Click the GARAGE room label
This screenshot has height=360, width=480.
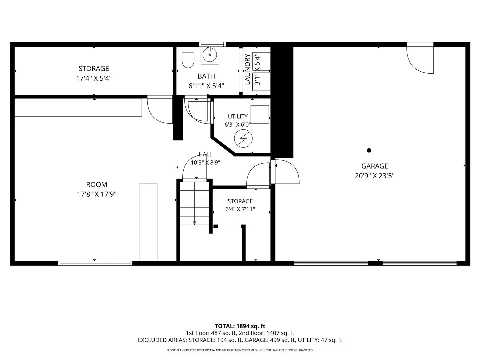375,166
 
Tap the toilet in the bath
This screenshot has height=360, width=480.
188,57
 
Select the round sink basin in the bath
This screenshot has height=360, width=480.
210,55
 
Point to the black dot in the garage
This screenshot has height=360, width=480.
369,150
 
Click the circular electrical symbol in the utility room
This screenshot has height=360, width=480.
243,138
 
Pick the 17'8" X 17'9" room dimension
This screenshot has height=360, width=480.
97,194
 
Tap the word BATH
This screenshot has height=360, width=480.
206,76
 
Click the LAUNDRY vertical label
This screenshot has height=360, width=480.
247,69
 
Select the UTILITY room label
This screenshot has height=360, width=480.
238,116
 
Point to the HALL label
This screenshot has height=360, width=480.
205,155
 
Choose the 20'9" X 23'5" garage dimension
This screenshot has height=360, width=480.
375,176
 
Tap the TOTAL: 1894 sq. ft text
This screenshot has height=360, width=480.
240,326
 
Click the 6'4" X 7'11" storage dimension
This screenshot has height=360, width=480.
240,209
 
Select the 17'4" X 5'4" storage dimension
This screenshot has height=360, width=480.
94,78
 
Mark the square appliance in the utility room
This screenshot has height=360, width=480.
260,114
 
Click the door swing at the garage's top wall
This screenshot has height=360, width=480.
420,60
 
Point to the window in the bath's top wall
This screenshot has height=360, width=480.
212,44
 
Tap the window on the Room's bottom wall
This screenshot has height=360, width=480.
95,263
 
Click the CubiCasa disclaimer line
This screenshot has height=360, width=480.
240,350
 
